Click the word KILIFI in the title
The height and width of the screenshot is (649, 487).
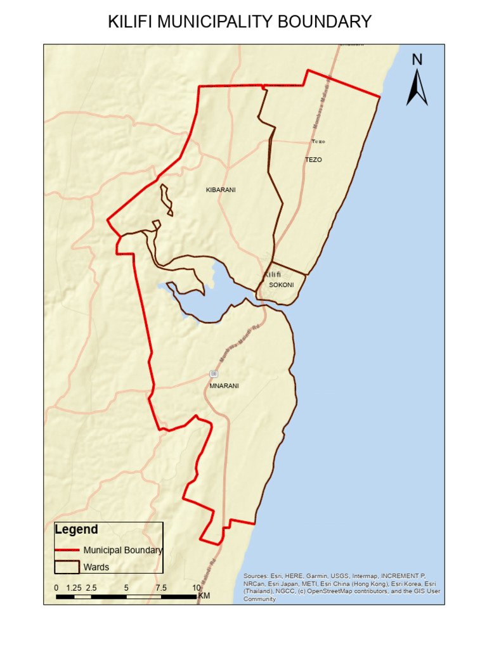point(130,22)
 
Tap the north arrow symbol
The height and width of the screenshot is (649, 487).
point(417,87)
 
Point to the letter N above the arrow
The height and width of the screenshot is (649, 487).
point(417,60)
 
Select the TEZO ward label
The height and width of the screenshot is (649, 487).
point(313,160)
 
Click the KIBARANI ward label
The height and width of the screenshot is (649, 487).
point(221,190)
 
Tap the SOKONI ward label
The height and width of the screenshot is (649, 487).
point(282,285)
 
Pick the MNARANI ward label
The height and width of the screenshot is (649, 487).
point(224,385)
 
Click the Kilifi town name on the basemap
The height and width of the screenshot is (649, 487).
point(272,274)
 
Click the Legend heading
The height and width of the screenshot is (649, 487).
point(76,530)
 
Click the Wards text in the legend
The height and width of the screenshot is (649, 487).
point(96,567)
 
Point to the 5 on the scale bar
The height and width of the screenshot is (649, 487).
point(126,588)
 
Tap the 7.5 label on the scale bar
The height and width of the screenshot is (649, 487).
point(161,588)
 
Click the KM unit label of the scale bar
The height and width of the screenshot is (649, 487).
point(204,596)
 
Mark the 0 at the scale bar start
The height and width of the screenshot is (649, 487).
point(56,588)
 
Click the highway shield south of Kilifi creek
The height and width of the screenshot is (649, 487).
point(214,373)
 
